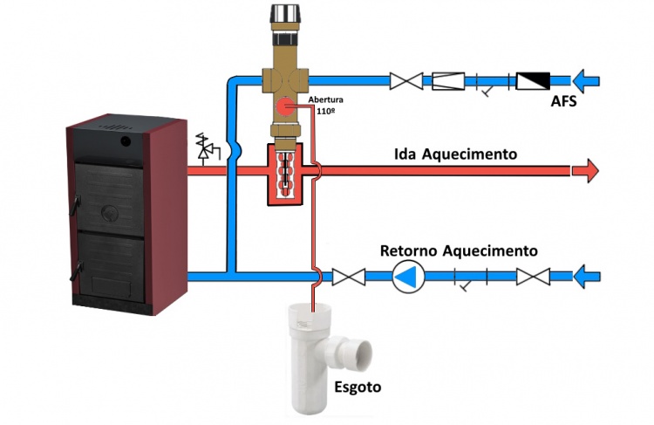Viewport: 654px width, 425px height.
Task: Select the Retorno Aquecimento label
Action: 459,250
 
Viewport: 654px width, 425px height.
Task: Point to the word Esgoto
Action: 358,384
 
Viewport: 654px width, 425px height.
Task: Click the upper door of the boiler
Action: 111,192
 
